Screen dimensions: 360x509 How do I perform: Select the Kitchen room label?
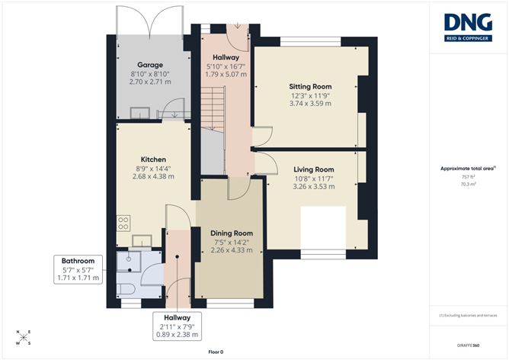click(x=149, y=159)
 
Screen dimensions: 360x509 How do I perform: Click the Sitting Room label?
click(x=310, y=87)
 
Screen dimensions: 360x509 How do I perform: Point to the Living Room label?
click(x=314, y=169)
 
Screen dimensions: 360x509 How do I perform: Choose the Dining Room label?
click(x=231, y=233)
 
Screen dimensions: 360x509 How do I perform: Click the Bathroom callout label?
click(x=78, y=260)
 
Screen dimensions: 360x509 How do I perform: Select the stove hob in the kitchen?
click(x=123, y=223)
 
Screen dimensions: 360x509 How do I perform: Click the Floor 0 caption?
click(x=216, y=351)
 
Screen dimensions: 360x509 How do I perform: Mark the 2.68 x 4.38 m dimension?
click(x=149, y=176)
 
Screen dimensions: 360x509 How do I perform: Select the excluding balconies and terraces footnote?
click(x=468, y=314)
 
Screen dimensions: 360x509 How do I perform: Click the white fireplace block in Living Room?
click(x=323, y=225)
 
